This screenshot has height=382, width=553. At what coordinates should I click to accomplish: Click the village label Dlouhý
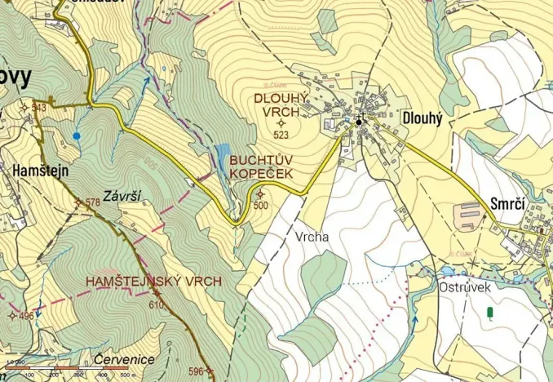point(422,118)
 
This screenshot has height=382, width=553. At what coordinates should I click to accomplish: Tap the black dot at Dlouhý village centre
point(358,122)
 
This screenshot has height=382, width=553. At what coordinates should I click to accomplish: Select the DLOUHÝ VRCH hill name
point(281,104)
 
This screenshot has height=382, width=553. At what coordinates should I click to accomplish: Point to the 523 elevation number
point(281,135)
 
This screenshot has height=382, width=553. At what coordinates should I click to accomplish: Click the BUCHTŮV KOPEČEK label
point(261,167)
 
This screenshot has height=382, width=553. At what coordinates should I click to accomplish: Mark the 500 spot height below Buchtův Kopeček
point(260,206)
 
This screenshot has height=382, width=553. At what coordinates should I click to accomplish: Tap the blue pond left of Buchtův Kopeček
point(222,156)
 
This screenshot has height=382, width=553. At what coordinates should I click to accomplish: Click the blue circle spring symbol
point(77,135)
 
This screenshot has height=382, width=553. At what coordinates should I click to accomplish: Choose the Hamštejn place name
point(40,172)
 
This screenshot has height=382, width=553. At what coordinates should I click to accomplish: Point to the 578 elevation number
point(91,202)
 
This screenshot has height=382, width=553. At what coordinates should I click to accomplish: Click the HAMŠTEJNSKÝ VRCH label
point(154,281)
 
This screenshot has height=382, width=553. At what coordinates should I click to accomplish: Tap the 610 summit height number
point(156,304)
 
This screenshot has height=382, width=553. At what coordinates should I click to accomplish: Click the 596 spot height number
point(195,371)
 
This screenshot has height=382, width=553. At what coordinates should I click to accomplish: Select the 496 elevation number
point(26,316)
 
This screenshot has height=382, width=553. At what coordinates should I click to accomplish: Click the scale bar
point(65,369)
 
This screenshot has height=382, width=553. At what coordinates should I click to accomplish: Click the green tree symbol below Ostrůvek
point(489,313)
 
